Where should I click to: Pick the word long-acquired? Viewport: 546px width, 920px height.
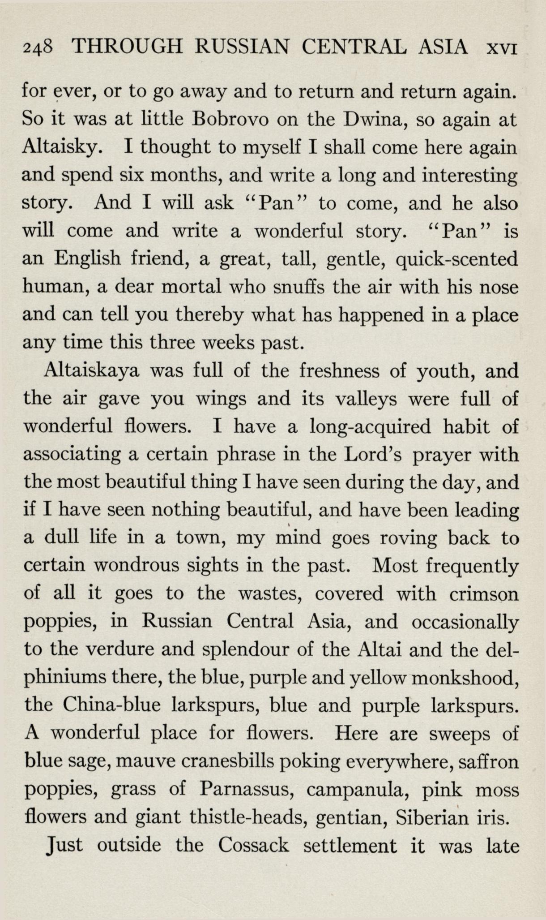pyautogui.click(x=370, y=426)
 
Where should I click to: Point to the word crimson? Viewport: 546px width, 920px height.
pyautogui.click(x=483, y=594)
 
